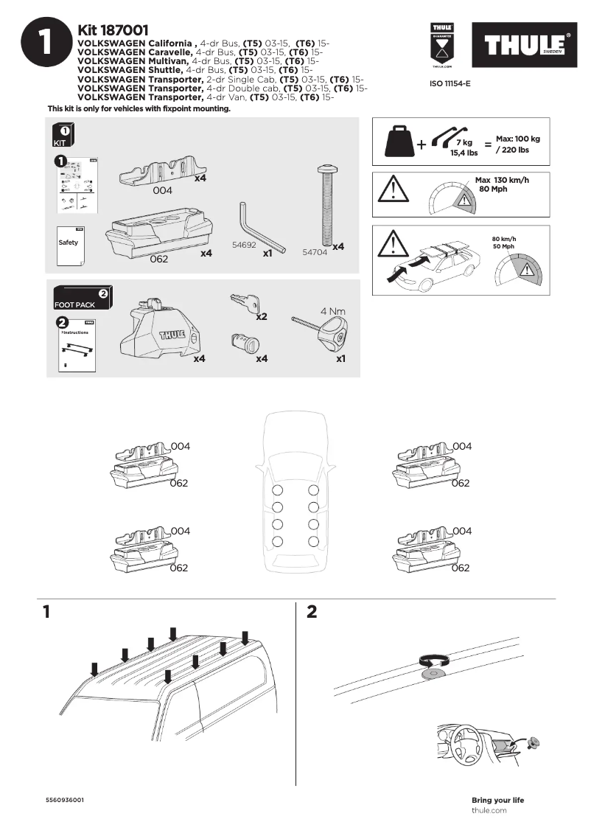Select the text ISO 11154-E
(x=450, y=84)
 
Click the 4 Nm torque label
(x=333, y=311)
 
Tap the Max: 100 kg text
(x=517, y=139)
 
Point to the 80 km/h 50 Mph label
(x=503, y=242)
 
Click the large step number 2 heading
(x=311, y=612)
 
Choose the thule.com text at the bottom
(x=489, y=810)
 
